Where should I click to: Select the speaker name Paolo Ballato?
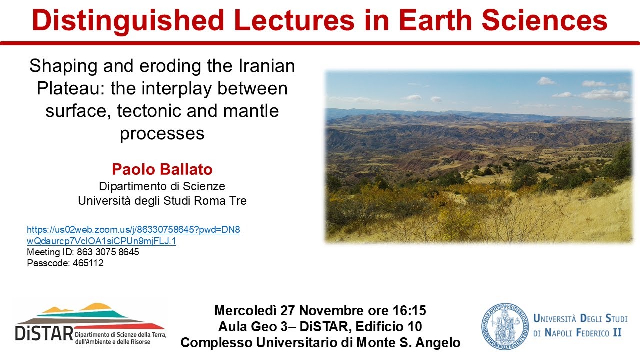pyautogui.click(x=162, y=169)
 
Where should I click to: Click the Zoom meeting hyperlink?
pyautogui.click(x=133, y=235)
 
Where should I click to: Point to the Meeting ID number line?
pyautogui.click(x=83, y=252)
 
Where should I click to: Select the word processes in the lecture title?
pyautogui.click(x=162, y=133)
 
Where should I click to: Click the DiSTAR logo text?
pyautogui.click(x=44, y=332)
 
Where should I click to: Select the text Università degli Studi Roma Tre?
pyautogui.click(x=162, y=201)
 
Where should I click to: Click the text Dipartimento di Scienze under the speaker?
pyautogui.click(x=162, y=186)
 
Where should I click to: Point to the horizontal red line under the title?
pyautogui.click(x=320, y=43)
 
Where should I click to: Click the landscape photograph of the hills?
pyautogui.click(x=479, y=156)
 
